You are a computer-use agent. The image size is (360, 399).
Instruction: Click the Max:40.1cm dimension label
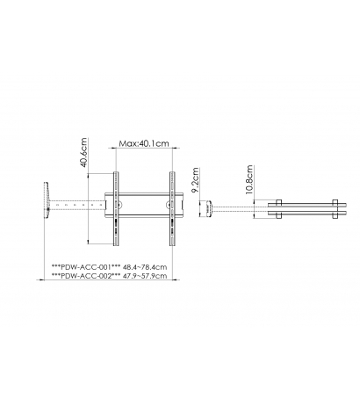click(x=144, y=143)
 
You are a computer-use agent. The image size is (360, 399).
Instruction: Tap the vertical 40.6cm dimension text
click(x=84, y=152)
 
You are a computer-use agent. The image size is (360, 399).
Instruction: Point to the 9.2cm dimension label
click(x=195, y=180)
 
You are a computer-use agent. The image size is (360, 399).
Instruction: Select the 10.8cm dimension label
click(x=248, y=179)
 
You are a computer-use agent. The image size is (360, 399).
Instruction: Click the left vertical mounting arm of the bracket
click(x=116, y=208)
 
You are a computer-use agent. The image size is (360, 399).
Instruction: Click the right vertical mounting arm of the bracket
click(x=172, y=208)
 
